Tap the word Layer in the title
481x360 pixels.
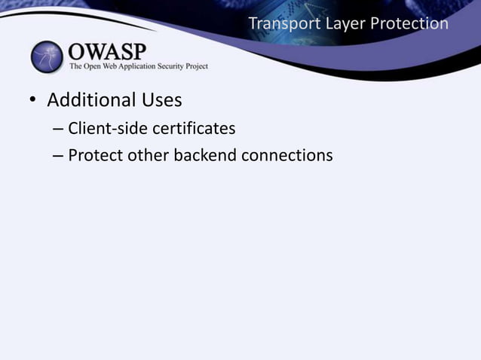click(x=340, y=24)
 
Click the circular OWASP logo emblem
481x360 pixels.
click(x=47, y=57)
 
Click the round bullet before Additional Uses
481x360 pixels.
click(x=33, y=102)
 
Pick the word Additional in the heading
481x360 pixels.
click(x=92, y=100)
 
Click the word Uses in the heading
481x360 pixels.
click(x=162, y=100)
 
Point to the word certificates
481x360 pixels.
click(x=194, y=129)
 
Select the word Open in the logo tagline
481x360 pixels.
click(x=89, y=66)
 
